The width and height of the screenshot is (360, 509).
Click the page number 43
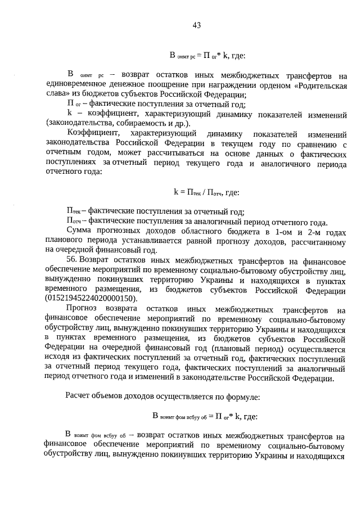click(x=196, y=25)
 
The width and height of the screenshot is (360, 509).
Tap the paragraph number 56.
click(x=72, y=260)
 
